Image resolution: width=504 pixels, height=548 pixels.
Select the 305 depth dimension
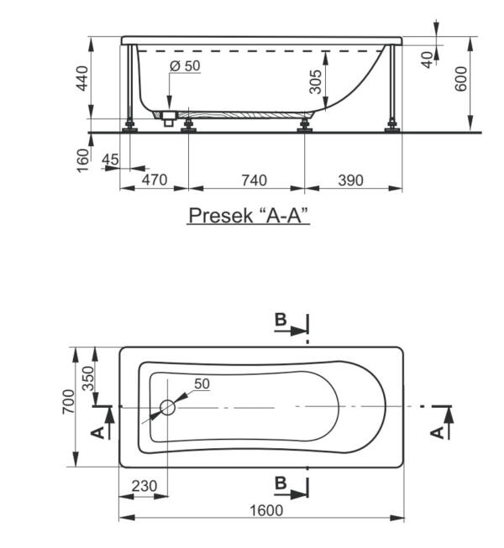tap(315, 81)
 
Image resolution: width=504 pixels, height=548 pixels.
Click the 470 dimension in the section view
tap(154, 180)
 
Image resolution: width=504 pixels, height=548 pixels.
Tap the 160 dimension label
tap(82, 159)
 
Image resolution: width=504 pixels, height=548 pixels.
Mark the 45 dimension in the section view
tap(109, 159)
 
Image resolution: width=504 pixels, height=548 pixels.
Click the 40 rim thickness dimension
tap(428, 60)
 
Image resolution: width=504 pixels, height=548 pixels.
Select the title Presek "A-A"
tap(249, 216)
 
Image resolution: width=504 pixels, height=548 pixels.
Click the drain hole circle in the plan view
tap(166, 408)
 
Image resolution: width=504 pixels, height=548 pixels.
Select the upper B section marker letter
tap(281, 320)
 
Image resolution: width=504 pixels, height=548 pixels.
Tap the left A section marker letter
tap(97, 431)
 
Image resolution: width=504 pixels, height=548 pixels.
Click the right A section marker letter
tap(436, 431)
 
